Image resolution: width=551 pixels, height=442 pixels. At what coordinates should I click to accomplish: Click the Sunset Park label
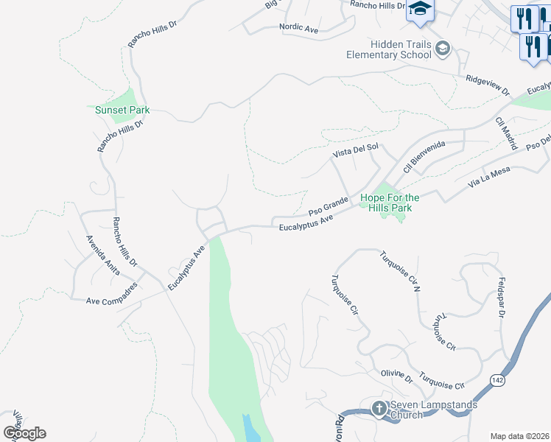coord(122,110)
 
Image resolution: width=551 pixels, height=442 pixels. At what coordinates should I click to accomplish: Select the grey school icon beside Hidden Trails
coord(443,49)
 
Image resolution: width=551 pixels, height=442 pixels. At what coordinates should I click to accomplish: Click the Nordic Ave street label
coord(298,29)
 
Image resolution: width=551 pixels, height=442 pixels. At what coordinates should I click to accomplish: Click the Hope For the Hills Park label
coord(390,203)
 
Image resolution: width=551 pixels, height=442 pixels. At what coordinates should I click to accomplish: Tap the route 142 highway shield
coord(497,379)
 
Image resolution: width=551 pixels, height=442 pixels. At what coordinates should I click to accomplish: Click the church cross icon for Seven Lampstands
coord(379,408)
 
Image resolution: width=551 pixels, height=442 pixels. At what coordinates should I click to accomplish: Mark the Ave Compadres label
coord(112,301)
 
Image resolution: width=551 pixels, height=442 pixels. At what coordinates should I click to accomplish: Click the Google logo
coord(24,433)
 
